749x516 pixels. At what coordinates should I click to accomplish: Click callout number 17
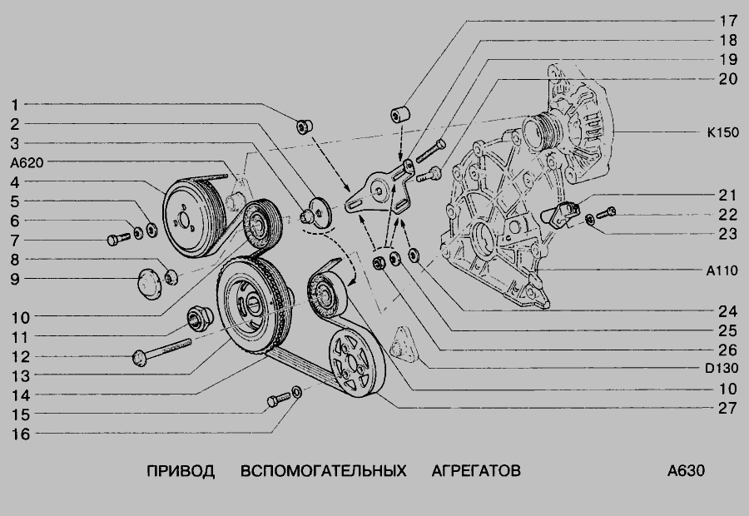tap(728, 21)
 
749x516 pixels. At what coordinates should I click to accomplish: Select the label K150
tap(722, 132)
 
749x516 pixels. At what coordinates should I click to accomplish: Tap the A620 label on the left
tap(27, 163)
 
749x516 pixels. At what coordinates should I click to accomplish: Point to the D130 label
tap(722, 369)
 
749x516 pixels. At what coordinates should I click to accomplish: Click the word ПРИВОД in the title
tap(181, 471)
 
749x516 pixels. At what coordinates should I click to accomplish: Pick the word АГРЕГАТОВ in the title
tap(476, 471)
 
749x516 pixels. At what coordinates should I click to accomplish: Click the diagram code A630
tap(686, 471)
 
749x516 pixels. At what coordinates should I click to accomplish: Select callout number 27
tap(728, 408)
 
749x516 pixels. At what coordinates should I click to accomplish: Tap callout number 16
tap(21, 434)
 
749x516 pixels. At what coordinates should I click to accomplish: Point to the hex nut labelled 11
tap(198, 318)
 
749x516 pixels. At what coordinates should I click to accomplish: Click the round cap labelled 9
tap(150, 284)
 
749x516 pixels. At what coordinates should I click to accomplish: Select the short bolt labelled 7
tap(119, 238)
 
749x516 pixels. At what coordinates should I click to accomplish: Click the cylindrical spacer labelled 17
tap(400, 114)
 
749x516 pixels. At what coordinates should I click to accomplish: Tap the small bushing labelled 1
tap(305, 127)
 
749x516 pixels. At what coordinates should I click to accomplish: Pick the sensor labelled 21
tap(561, 214)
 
